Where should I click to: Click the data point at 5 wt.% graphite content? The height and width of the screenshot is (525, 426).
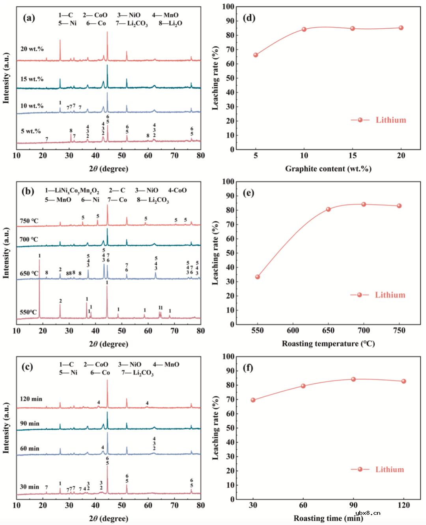point(256,55)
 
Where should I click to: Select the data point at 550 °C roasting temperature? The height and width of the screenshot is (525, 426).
point(258,277)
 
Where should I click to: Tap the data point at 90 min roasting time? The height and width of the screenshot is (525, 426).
point(353,379)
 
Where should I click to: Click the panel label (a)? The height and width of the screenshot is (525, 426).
point(29,18)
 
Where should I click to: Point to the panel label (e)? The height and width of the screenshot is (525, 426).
point(248,193)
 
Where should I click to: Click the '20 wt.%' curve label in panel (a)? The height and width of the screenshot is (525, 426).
point(32,49)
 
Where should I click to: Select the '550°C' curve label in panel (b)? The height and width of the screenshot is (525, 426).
point(28,312)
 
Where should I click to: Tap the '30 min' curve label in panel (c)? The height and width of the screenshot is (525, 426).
point(30,487)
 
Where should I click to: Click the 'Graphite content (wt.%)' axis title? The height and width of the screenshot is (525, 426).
point(328,169)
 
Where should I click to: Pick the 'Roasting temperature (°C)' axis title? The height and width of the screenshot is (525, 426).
point(328,343)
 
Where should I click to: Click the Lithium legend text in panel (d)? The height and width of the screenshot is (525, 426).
point(390,120)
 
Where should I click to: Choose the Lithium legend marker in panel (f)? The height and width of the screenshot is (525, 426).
point(360,469)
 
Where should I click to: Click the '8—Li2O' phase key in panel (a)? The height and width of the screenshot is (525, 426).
point(170,23)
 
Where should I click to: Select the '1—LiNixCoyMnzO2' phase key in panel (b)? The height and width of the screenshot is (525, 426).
point(72,191)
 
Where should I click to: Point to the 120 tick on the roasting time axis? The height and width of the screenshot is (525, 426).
point(404,505)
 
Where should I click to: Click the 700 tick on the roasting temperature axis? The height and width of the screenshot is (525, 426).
point(364,330)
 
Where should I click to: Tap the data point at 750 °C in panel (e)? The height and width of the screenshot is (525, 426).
point(399,206)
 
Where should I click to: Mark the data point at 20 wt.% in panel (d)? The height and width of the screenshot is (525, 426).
point(401,28)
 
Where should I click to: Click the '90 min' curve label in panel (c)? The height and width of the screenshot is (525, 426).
point(30,423)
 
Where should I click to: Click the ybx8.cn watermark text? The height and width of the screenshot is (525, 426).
point(368,513)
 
